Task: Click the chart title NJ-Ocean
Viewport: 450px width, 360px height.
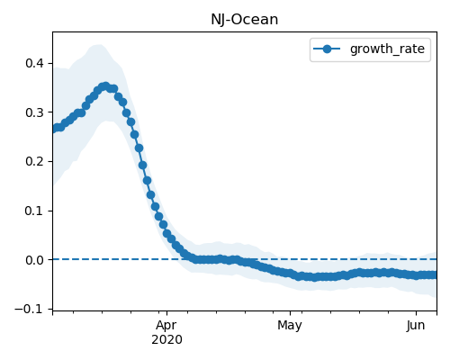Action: coord(245,20)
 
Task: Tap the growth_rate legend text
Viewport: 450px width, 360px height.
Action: coord(387,49)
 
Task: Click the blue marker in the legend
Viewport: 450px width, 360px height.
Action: coord(327,49)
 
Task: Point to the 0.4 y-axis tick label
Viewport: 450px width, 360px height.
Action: coord(34,63)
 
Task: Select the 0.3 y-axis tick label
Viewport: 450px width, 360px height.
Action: coord(34,112)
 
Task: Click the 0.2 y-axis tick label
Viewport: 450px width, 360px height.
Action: coord(34,161)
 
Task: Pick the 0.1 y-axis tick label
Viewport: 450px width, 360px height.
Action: coord(34,211)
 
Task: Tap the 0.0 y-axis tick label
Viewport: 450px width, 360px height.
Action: coord(34,260)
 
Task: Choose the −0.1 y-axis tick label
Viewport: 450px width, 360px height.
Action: coord(30,309)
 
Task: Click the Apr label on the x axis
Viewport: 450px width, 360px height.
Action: coord(166,325)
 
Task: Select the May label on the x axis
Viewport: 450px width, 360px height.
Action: coord(290,325)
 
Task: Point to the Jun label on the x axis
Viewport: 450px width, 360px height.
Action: coord(416,325)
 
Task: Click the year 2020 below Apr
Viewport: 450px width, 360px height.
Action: coord(166,339)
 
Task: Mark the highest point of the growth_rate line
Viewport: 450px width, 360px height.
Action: coord(105,86)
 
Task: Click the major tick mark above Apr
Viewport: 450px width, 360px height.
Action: coord(167,313)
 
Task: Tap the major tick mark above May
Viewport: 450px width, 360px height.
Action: coord(290,313)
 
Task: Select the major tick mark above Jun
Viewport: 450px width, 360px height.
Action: coord(416,313)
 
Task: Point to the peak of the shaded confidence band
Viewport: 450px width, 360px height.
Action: coord(98,45)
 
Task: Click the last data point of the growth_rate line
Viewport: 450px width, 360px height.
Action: coord(434,274)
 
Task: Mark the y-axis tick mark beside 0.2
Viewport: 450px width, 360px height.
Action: coord(50,161)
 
